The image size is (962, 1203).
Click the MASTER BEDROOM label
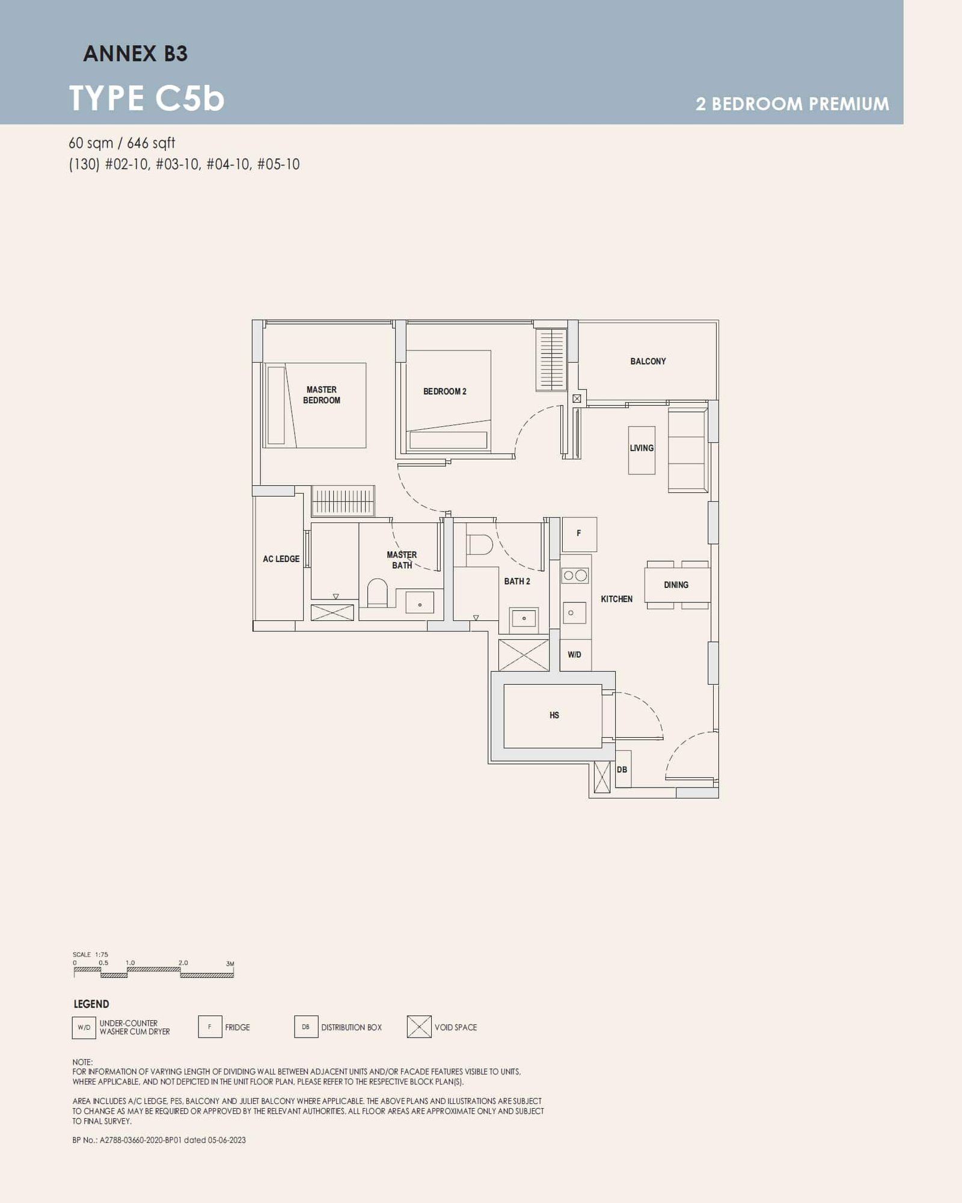(322, 395)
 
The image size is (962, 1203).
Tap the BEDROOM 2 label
(444, 391)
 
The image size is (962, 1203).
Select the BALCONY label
(648, 361)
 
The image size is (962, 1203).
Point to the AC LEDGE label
(281, 559)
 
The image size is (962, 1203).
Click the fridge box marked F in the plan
(579, 534)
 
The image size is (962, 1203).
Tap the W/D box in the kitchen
(575, 655)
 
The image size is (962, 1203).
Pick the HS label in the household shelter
(554, 715)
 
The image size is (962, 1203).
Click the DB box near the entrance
(622, 770)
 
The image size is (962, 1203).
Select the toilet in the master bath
(378, 592)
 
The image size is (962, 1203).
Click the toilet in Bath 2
(479, 545)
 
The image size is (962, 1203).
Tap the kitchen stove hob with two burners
(575, 576)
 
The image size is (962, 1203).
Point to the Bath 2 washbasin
(524, 619)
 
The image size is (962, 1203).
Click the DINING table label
(676, 585)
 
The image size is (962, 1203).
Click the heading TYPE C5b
(147, 98)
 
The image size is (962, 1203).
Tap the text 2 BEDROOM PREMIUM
(792, 104)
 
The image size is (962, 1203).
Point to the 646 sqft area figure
(151, 143)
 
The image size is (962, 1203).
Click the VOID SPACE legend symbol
(419, 1027)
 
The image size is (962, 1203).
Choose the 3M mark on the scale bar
(230, 964)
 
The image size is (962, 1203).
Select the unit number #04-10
(228, 164)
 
